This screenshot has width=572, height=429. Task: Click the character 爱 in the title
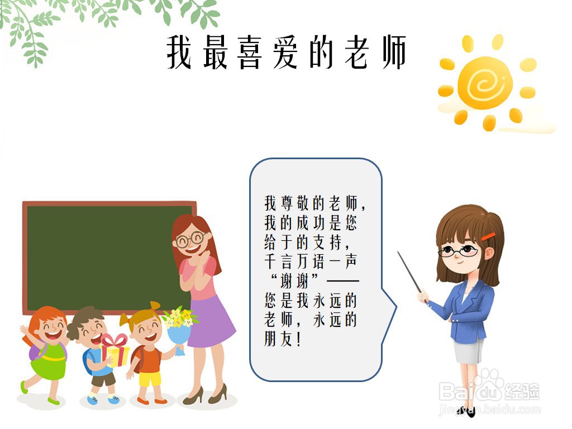tap(285, 52)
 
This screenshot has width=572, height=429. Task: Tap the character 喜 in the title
tap(250, 52)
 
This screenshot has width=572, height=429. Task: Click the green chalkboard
tap(108, 258)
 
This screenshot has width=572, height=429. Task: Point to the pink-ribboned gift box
tap(114, 350)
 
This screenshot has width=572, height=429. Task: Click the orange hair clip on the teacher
tap(488, 236)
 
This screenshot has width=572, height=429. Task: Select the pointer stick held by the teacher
tap(409, 272)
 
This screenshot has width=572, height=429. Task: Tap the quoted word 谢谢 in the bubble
tap(295, 282)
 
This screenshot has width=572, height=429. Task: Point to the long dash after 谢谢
tap(342, 282)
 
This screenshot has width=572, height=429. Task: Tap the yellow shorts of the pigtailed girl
tap(150, 379)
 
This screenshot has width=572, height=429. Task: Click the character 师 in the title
tap(394, 52)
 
